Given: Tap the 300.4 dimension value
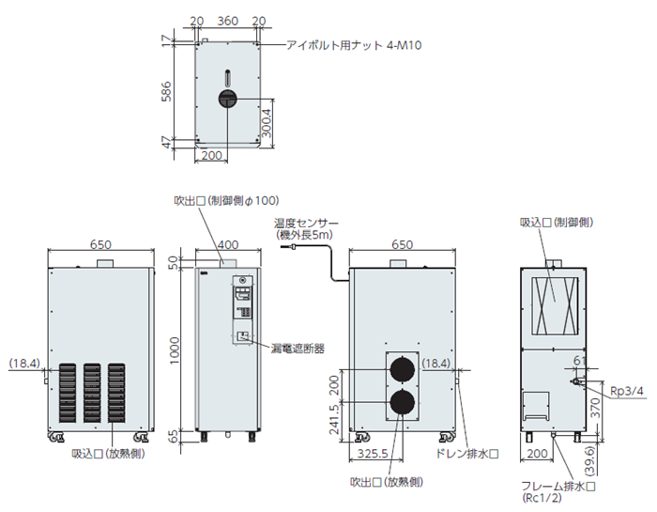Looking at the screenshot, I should pos(267,122).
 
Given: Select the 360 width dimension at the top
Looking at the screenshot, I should pos(225,20).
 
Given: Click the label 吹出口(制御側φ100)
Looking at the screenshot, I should pos(226,199).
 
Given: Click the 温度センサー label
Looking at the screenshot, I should pos(306,223).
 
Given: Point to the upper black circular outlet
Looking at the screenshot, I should pos(403,367).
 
